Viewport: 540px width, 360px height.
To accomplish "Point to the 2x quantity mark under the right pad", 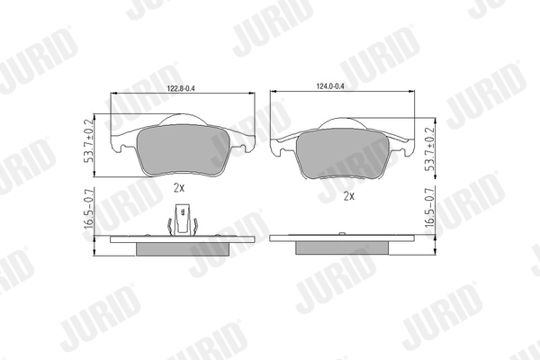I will (348, 194).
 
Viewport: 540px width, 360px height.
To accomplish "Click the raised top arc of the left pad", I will (183, 119).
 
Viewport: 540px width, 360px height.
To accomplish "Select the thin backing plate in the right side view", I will (343, 238).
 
